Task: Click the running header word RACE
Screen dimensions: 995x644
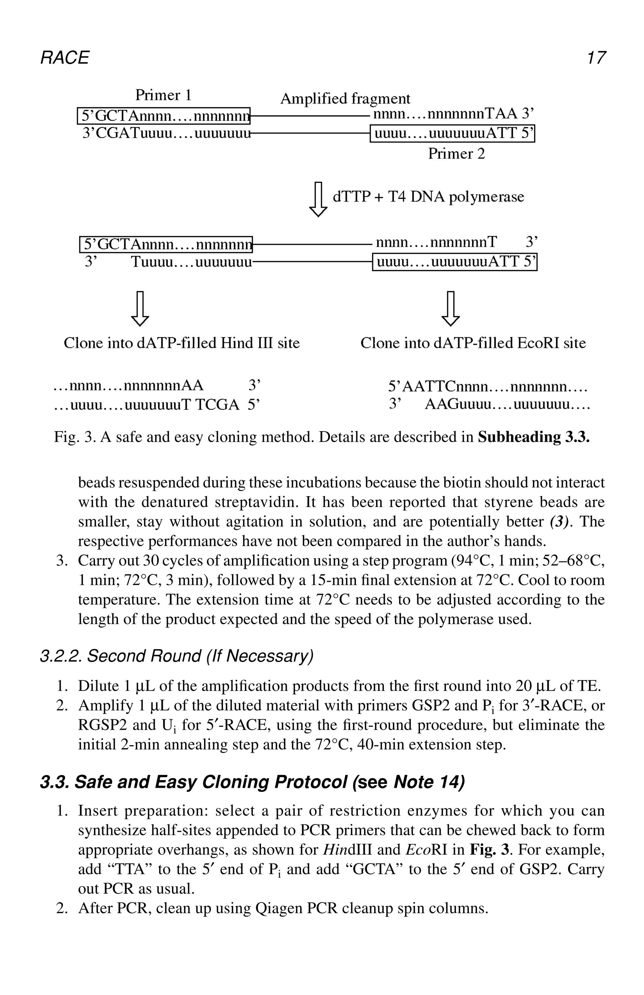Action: tap(64, 58)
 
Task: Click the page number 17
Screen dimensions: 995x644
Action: tap(595, 58)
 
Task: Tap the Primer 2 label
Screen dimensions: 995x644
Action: tap(456, 154)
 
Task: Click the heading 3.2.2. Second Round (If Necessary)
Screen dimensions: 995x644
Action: tap(176, 656)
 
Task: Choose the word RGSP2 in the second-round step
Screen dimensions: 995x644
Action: tap(102, 725)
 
